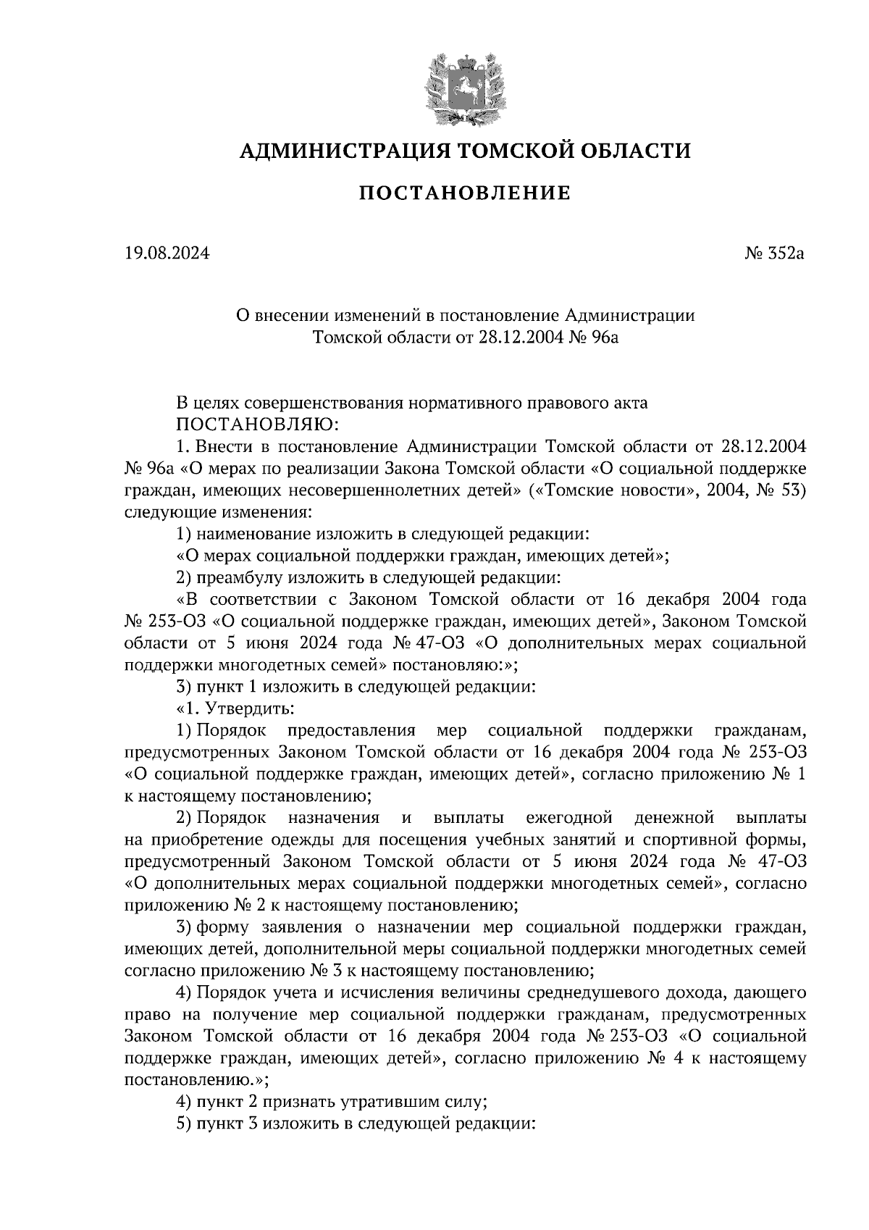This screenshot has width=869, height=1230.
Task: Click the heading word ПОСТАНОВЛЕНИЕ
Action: pos(464,193)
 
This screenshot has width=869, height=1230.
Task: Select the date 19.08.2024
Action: pos(167,254)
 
